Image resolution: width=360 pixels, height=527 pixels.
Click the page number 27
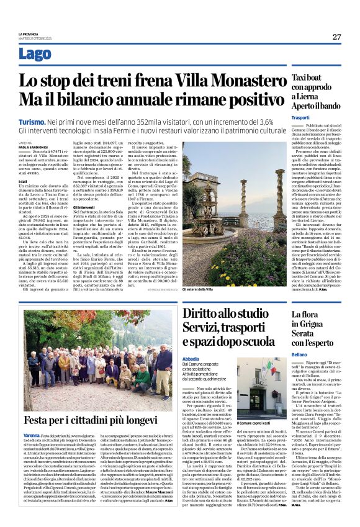[336, 37]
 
